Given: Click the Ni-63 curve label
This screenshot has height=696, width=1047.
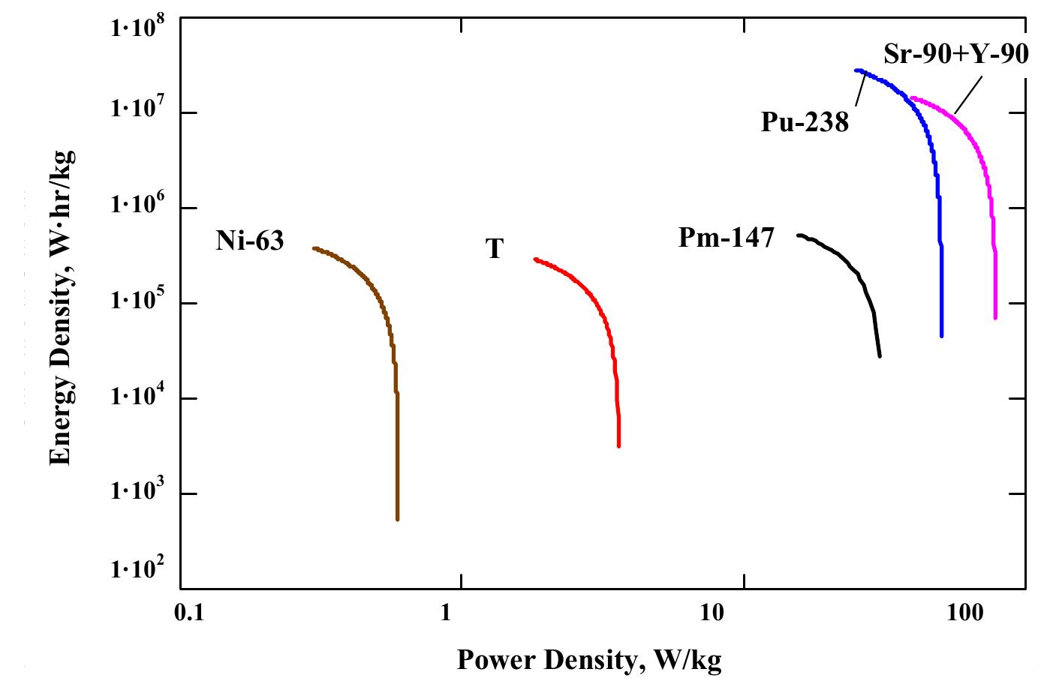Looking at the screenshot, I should pyautogui.click(x=249, y=241).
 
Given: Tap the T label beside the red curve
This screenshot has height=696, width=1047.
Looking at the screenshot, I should pyautogui.click(x=493, y=249).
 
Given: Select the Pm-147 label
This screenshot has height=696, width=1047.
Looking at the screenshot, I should pyautogui.click(x=725, y=238).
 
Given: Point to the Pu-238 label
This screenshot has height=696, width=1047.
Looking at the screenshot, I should pyautogui.click(x=804, y=122).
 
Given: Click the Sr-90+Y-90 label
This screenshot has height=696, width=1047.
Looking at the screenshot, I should pyautogui.click(x=955, y=55).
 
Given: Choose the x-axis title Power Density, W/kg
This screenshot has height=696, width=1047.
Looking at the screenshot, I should pyautogui.click(x=588, y=660).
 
